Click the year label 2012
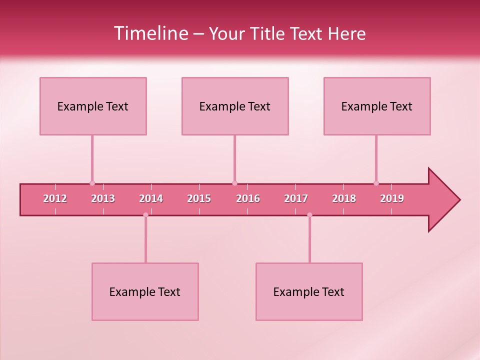click(55, 198)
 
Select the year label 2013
click(103, 198)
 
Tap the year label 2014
click(151, 198)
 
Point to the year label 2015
click(199, 198)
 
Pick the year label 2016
click(248, 198)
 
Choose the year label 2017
click(296, 198)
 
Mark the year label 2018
click(344, 198)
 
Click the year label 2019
click(392, 198)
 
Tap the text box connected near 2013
click(93, 106)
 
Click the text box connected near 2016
click(235, 106)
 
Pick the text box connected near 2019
click(377, 106)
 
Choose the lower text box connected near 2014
click(145, 291)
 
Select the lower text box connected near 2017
click(309, 291)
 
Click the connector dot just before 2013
click(92, 183)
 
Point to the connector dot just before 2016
click(234, 183)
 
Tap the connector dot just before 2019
click(376, 183)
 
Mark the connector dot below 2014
click(145, 215)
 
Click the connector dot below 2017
click(309, 215)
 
